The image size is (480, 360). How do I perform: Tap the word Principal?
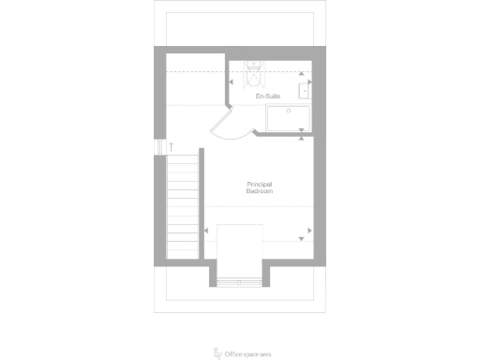260,185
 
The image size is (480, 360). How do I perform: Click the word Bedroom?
260,191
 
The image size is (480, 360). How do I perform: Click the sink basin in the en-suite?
306,90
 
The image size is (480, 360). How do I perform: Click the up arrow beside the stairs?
171,146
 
